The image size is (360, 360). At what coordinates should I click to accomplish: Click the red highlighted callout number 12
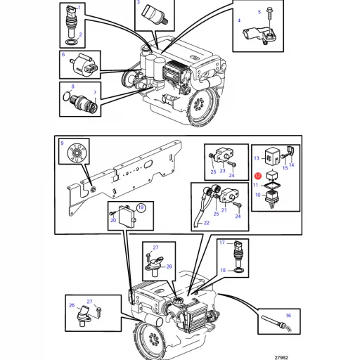tap(258, 176)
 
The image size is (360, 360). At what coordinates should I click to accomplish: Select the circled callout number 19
tap(141, 207)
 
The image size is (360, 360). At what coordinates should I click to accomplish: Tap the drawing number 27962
tap(281, 357)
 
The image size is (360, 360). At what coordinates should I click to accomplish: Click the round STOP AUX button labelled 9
tap(77, 153)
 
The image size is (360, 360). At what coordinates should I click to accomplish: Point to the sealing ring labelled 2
tap(72, 43)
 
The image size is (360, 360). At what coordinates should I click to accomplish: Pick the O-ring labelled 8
tap(67, 96)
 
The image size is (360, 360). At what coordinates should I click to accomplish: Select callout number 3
tap(139, 2)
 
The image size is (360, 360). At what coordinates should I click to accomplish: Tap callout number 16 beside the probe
tap(288, 316)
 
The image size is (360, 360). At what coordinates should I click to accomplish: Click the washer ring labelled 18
tap(239, 271)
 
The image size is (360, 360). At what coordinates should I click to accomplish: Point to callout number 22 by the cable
tap(207, 223)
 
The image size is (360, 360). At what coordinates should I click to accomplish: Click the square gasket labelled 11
tap(272, 186)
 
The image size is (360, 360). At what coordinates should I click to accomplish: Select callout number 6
tap(63, 55)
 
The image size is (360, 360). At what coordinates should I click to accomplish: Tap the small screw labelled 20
tap(112, 213)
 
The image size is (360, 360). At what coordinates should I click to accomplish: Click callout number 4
tap(239, 20)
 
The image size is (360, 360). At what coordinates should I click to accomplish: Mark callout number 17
tap(222, 243)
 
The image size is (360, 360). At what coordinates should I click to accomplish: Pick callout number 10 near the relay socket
tap(258, 195)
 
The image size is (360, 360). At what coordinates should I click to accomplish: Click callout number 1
tap(79, 8)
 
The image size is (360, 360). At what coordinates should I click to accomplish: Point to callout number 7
tap(95, 93)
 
